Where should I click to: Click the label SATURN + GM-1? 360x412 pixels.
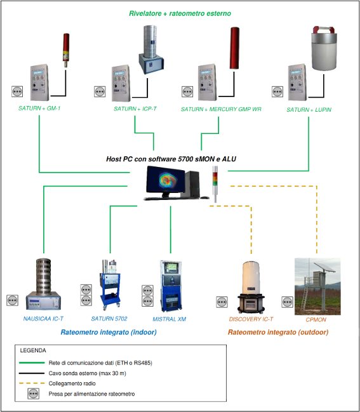pyautogui.click(x=39, y=109)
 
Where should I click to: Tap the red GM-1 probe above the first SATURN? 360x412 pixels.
pyautogui.click(x=66, y=50)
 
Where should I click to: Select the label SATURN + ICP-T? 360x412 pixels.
pyautogui.click(x=135, y=109)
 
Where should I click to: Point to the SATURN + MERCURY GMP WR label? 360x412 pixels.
pyautogui.click(x=221, y=109)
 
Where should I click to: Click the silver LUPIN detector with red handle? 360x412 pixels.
pyautogui.click(x=324, y=48)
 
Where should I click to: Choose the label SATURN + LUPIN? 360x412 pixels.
pyautogui.click(x=309, y=110)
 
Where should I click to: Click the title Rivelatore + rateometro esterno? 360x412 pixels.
pyautogui.click(x=180, y=13)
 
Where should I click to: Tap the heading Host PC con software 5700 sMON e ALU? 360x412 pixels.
pyautogui.click(x=171, y=159)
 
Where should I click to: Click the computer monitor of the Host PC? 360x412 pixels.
pyautogui.click(x=165, y=182)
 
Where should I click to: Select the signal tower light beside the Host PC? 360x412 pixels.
pyautogui.click(x=215, y=184)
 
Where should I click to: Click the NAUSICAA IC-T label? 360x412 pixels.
pyautogui.click(x=43, y=319)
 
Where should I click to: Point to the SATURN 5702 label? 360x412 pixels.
pyautogui.click(x=109, y=319)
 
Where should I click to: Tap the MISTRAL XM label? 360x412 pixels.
pyautogui.click(x=170, y=319)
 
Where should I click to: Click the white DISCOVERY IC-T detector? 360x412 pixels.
pyautogui.click(x=251, y=287)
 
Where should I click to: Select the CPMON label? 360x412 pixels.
pyautogui.click(x=316, y=320)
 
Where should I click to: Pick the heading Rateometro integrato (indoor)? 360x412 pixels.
pyautogui.click(x=109, y=332)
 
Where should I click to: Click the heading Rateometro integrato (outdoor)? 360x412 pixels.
pyautogui.click(x=278, y=333)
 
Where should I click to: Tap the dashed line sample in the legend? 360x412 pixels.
pyautogui.click(x=32, y=383)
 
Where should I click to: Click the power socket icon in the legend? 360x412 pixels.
pyautogui.click(x=34, y=394)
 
